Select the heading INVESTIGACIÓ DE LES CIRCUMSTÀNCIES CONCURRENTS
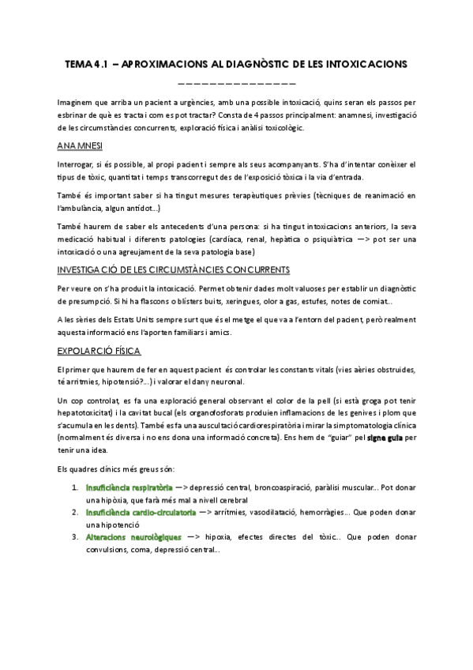[173, 269]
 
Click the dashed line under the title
[236, 82]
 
